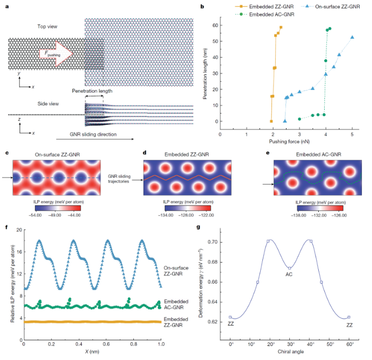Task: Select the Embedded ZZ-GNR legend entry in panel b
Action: coord(257,5)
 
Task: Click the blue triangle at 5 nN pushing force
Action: coord(352,37)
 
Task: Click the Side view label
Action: coord(33,103)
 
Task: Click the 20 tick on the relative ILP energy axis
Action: coord(18,230)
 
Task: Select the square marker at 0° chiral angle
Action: coord(231,317)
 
